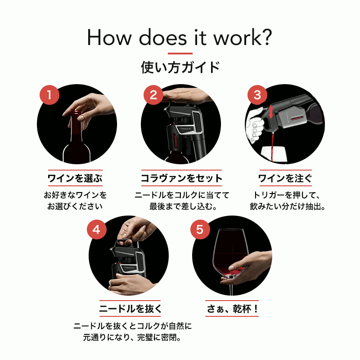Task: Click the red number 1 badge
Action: pos(49,95)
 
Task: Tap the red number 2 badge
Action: pos(153,95)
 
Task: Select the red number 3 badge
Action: pos(257,95)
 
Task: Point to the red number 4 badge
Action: pos(97,229)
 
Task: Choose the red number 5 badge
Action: pos(200,229)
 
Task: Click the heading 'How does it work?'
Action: pos(180,38)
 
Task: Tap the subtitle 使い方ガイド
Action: pos(180,67)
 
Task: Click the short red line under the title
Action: pos(180,54)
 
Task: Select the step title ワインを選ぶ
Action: pos(75,178)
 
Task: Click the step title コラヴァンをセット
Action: pos(181,178)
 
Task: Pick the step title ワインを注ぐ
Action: pos(285,178)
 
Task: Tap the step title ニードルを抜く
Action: pos(130,309)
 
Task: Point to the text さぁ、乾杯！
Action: pos(232,309)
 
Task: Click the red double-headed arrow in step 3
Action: pos(271,112)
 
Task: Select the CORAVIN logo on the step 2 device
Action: pos(185,129)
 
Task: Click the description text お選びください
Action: pos(75,207)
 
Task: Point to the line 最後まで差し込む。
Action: pos(183,207)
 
